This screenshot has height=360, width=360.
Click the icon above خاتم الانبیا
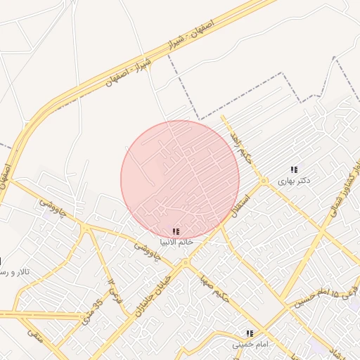click(x=175, y=231)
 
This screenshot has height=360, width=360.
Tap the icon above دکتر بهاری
click(x=294, y=169)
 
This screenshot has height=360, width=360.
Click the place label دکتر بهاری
click(x=293, y=181)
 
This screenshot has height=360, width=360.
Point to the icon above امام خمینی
click(x=249, y=333)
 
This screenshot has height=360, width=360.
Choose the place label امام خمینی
click(x=250, y=345)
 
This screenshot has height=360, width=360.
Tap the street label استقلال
click(x=241, y=202)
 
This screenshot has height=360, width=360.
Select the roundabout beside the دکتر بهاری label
click(x=264, y=181)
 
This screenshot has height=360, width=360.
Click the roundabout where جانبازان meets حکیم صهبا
click(x=185, y=263)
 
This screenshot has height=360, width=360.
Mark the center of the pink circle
click(x=180, y=180)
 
